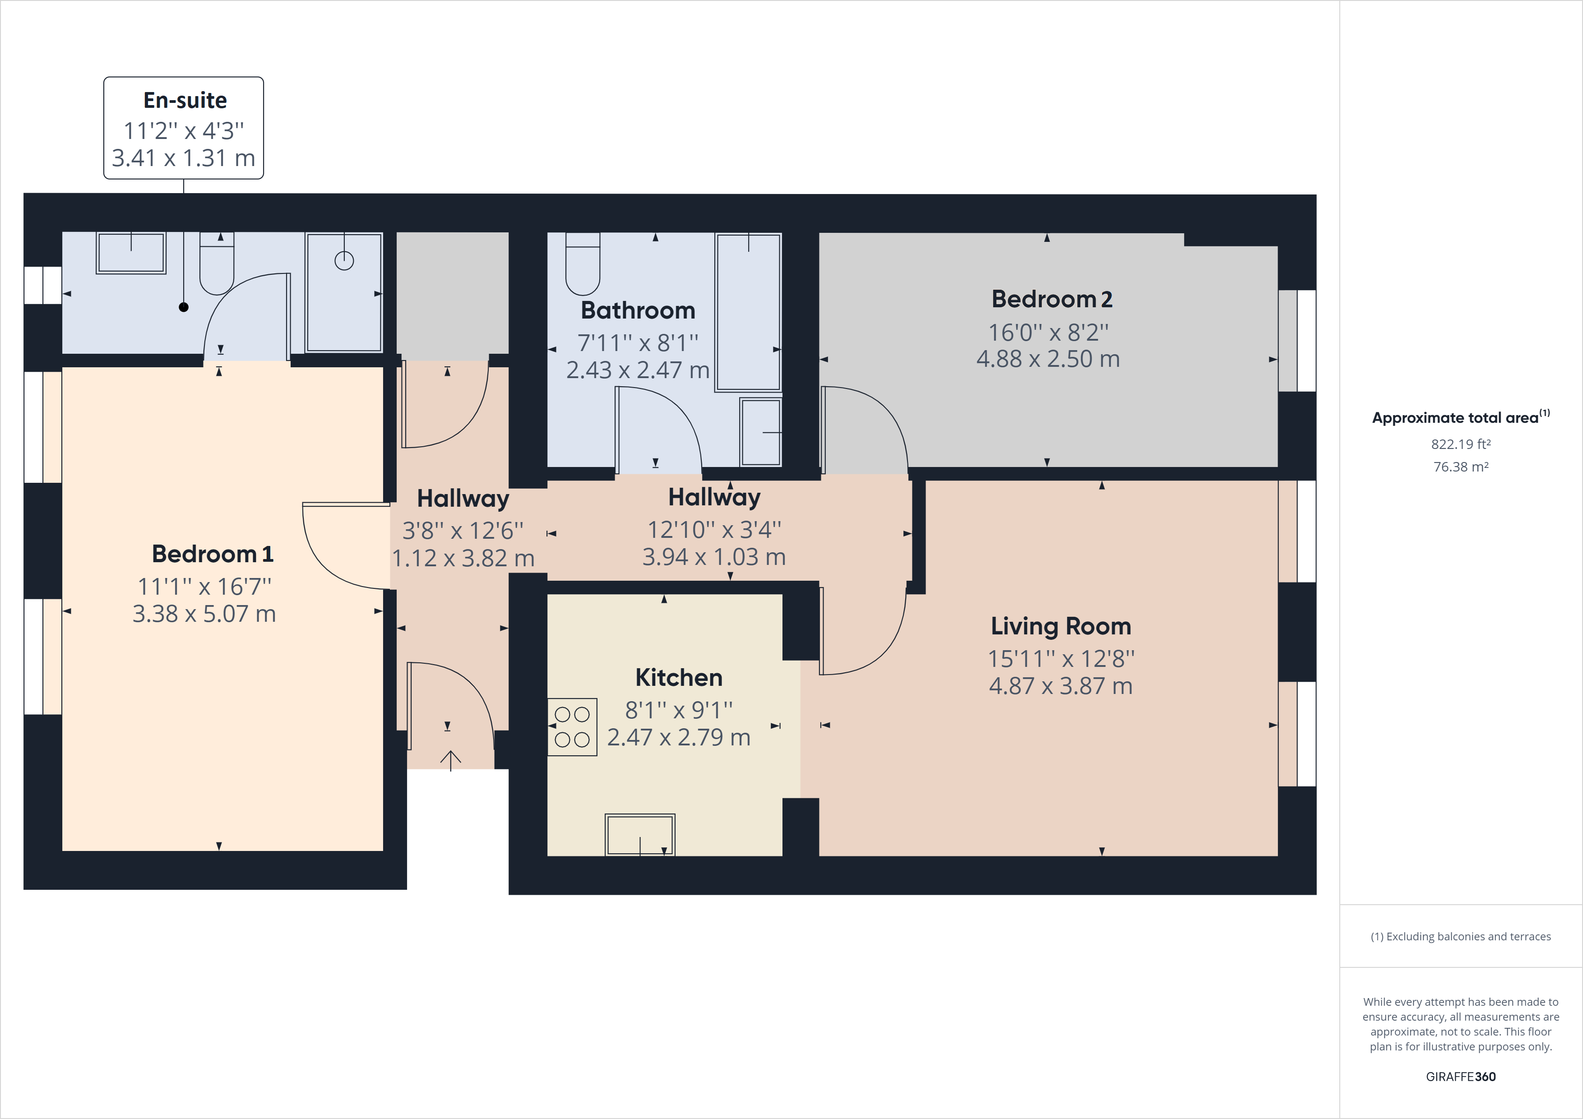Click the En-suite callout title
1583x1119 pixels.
point(185,101)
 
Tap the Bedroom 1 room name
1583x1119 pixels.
point(213,554)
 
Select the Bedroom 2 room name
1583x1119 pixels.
point(1051,299)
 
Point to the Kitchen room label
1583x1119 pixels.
point(678,678)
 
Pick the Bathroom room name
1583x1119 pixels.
point(638,310)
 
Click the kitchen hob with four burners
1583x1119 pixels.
point(572,727)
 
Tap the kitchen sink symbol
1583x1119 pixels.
point(640,835)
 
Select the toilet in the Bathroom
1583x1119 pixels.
point(583,264)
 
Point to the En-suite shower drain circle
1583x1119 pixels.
point(344,261)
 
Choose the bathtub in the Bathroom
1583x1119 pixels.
point(748,312)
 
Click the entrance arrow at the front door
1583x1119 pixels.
point(450,760)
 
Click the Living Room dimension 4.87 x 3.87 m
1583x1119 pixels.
point(1060,686)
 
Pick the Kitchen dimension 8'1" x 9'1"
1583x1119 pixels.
point(678,709)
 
